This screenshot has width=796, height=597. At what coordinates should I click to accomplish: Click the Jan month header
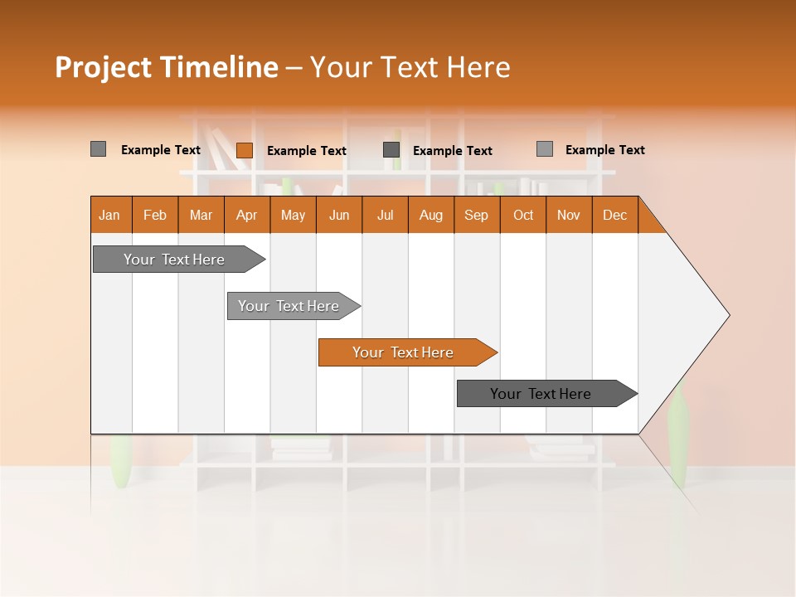point(110,215)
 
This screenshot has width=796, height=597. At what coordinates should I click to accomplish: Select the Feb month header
point(155,215)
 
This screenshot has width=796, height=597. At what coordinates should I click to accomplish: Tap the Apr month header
point(247,215)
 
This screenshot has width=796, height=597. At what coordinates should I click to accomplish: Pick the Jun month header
point(339,215)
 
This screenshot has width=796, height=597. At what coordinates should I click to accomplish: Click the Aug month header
point(431,215)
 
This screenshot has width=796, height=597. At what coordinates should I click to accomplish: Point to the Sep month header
point(477,215)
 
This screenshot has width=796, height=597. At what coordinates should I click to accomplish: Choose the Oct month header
point(523,215)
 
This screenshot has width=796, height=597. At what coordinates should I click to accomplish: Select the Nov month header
point(569,215)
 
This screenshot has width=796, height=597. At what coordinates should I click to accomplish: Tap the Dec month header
point(615,215)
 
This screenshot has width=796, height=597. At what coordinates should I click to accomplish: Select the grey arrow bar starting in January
point(175,260)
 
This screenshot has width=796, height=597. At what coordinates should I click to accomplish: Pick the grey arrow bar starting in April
point(289,306)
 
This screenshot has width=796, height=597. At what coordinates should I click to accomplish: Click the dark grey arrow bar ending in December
point(541,394)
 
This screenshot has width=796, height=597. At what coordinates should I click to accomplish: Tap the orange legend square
point(245,150)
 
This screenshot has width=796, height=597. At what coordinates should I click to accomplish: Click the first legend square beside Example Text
point(99,149)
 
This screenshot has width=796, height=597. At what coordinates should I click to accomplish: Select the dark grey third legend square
point(391,150)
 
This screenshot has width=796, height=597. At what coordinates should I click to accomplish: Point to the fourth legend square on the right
point(545,149)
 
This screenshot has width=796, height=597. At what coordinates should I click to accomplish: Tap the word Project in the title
point(103,67)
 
